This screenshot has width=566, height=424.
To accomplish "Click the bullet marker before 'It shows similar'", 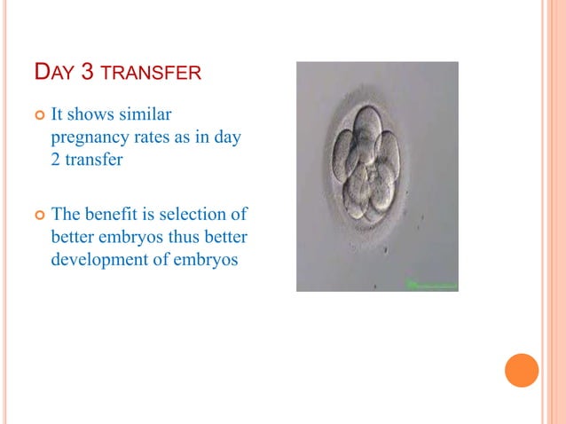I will [37, 116].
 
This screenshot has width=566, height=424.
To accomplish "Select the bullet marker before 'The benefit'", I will [37, 215].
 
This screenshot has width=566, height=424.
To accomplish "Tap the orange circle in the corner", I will [522, 370].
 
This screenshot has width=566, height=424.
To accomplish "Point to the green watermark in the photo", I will [431, 284].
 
